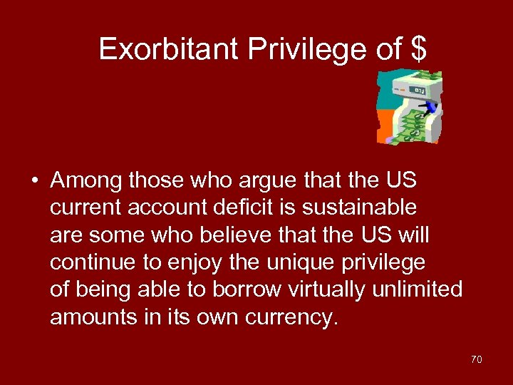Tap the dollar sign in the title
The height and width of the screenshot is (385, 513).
click(x=419, y=49)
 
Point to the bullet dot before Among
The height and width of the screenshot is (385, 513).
click(x=34, y=181)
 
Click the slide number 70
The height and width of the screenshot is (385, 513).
click(x=476, y=360)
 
